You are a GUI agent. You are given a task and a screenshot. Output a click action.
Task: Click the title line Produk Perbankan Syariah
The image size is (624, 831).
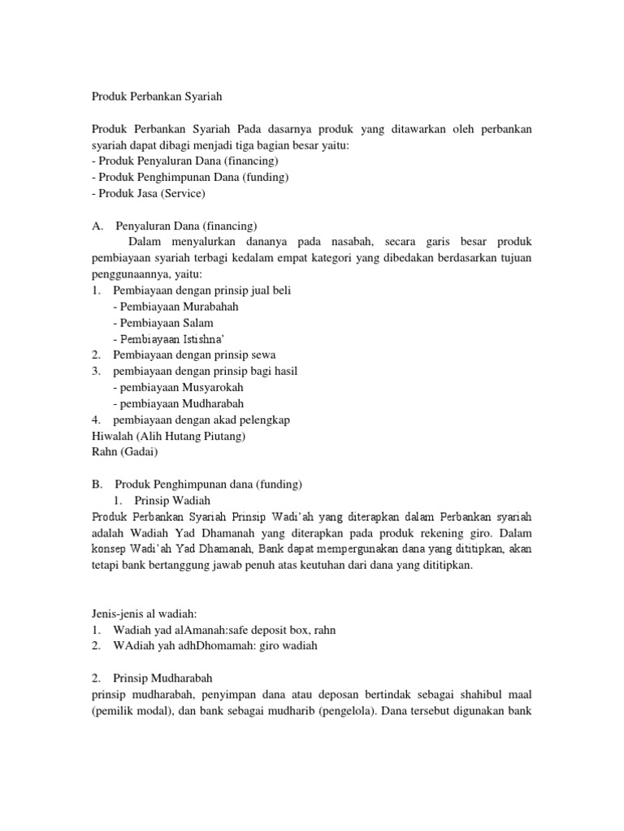(x=155, y=96)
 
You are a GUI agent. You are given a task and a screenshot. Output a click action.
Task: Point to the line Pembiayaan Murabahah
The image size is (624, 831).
(x=176, y=306)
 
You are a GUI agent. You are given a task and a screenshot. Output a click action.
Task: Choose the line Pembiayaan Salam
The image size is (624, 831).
(x=163, y=322)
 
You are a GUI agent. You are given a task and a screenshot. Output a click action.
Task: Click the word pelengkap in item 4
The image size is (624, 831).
(x=260, y=420)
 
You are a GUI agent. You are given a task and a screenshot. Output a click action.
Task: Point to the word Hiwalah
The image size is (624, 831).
(x=111, y=436)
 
